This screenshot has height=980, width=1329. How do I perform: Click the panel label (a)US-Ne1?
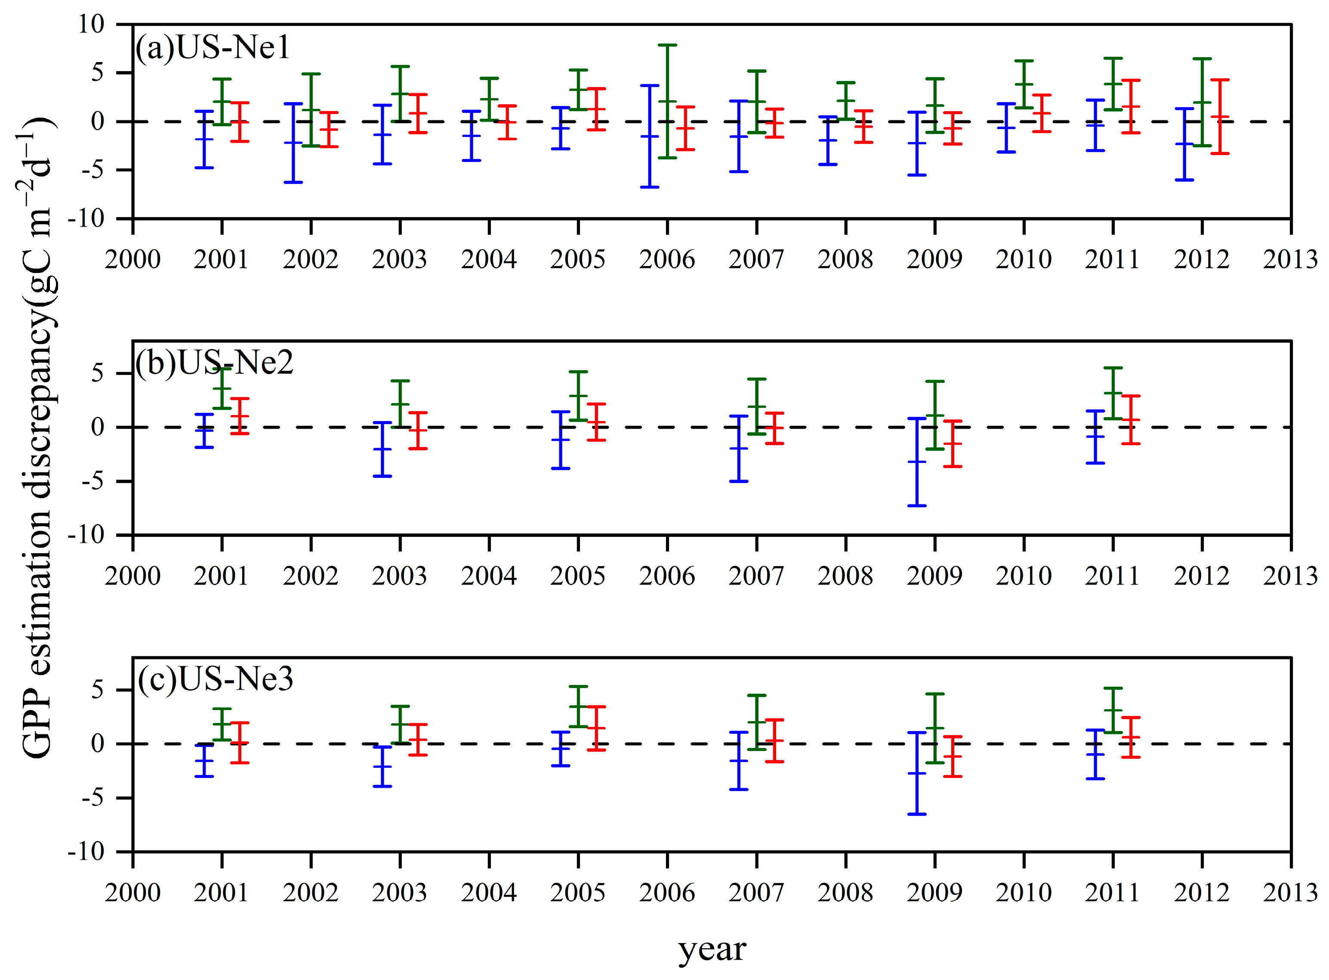point(212,47)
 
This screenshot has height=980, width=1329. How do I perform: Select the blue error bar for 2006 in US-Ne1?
point(650,136)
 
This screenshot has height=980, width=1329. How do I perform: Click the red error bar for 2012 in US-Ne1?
point(1219,117)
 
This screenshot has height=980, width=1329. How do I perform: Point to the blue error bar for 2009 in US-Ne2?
point(917,462)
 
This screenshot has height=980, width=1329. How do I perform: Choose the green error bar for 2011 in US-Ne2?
point(1113,393)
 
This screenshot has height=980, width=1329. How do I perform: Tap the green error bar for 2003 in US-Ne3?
point(400,724)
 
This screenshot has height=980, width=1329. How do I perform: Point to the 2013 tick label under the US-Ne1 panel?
point(1290,260)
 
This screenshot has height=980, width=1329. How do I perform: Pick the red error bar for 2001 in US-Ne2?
point(240,416)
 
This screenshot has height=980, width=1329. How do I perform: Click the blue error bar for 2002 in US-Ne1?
point(293,143)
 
